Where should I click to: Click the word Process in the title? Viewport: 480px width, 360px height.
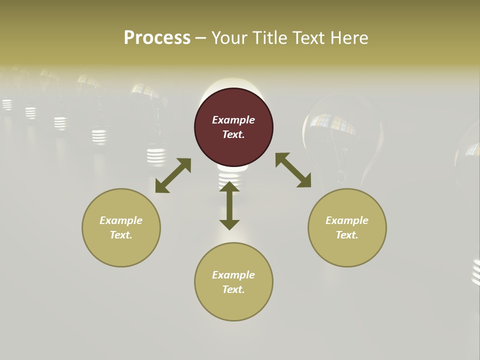[157, 38]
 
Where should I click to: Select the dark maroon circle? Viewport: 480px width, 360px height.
[233, 127]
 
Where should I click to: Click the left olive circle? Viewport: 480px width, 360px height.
[121, 227]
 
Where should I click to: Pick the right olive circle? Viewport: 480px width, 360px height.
[347, 227]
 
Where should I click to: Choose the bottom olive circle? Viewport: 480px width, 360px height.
[233, 282]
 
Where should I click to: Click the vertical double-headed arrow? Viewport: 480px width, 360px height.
[229, 205]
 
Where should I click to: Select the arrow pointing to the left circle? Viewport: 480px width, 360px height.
[173, 175]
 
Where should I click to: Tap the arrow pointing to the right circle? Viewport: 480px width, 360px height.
[293, 170]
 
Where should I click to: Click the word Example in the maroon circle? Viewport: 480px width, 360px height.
[233, 120]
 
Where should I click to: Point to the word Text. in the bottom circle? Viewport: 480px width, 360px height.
[233, 289]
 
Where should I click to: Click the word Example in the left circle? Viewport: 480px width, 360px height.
[121, 220]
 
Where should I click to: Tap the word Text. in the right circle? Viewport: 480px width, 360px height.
[347, 235]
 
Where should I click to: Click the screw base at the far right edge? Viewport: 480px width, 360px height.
[475, 272]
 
